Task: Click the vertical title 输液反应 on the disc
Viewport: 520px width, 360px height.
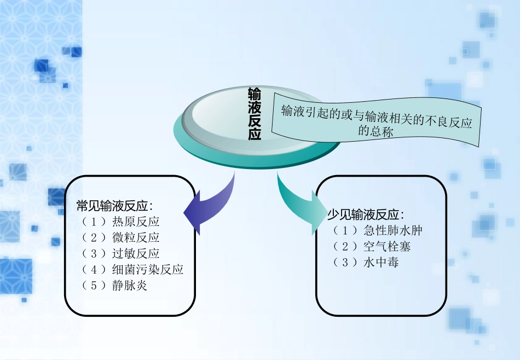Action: point(255,114)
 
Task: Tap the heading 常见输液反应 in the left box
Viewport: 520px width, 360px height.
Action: point(114,206)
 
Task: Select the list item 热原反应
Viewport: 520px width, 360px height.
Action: point(136,222)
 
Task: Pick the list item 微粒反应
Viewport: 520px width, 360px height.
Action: point(136,238)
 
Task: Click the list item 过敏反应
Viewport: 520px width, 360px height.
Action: point(136,254)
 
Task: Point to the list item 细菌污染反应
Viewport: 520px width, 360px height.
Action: point(148,270)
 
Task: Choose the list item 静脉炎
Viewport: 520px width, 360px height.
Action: point(130,286)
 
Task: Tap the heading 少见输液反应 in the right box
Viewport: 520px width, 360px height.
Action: point(365,215)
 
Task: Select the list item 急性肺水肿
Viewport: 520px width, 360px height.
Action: point(393,231)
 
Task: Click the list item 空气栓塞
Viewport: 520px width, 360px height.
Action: point(387,247)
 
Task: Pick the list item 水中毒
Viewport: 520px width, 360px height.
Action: point(381,263)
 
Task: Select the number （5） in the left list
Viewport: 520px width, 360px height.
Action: point(93,286)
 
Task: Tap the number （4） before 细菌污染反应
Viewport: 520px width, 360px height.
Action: point(93,270)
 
